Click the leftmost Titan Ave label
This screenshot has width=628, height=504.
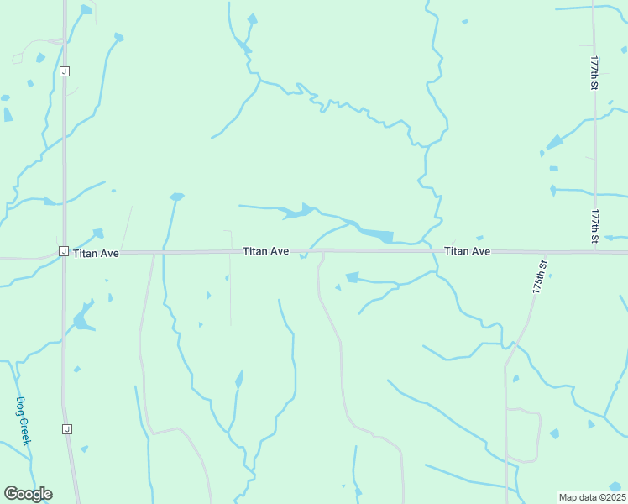coord(96,252)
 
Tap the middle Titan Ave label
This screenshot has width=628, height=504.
coord(266,251)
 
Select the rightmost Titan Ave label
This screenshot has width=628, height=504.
coord(467,251)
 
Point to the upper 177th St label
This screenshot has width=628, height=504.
coord(594,73)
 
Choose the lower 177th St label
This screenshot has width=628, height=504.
coord(594,226)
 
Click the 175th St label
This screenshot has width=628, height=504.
coord(539,276)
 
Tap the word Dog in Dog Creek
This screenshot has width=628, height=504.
coord(21,407)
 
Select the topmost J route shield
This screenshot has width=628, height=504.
coord(64,71)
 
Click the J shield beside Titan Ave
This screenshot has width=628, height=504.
coord(63,251)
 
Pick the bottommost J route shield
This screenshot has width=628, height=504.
coord(66,429)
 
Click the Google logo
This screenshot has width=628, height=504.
coord(28,494)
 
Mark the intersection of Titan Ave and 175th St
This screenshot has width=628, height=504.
coord(546,252)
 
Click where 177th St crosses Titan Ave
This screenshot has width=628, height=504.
coord(595,252)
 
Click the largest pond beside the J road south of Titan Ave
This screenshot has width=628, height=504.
coord(82,317)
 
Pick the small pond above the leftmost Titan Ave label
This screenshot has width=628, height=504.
coord(98,233)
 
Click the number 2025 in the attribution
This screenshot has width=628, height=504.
coord(612,497)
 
